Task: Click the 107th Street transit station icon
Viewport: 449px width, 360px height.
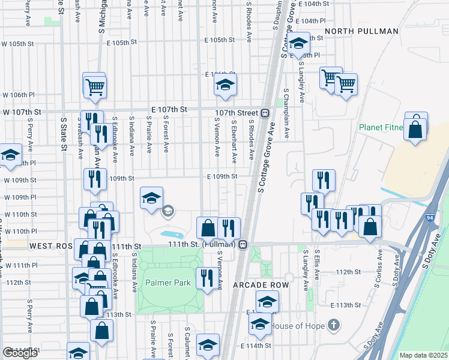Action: point(265,113)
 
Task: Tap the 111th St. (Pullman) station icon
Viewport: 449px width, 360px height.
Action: point(243,245)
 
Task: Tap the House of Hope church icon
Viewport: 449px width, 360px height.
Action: point(334,326)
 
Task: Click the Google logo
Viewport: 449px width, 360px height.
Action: point(20,353)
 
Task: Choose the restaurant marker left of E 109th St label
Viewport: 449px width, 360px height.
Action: point(94,179)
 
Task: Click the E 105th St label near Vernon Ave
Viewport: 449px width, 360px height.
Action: point(217,40)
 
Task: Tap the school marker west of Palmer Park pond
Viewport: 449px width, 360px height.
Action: point(151,197)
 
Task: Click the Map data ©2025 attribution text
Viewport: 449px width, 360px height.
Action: point(424,355)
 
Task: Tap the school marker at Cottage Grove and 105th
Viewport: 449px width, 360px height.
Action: point(298,43)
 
